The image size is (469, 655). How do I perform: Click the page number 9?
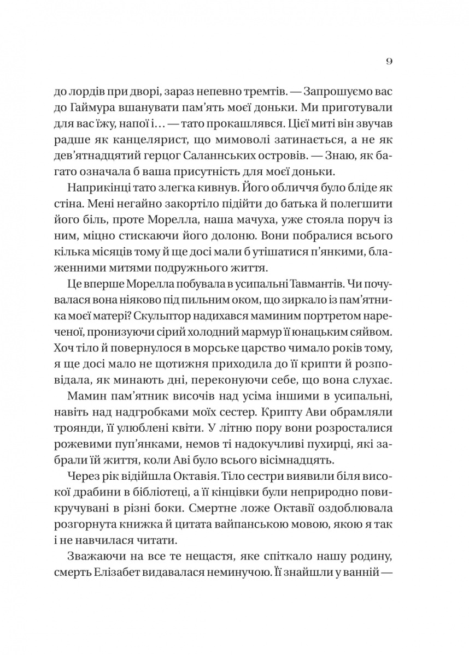[388, 61]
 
